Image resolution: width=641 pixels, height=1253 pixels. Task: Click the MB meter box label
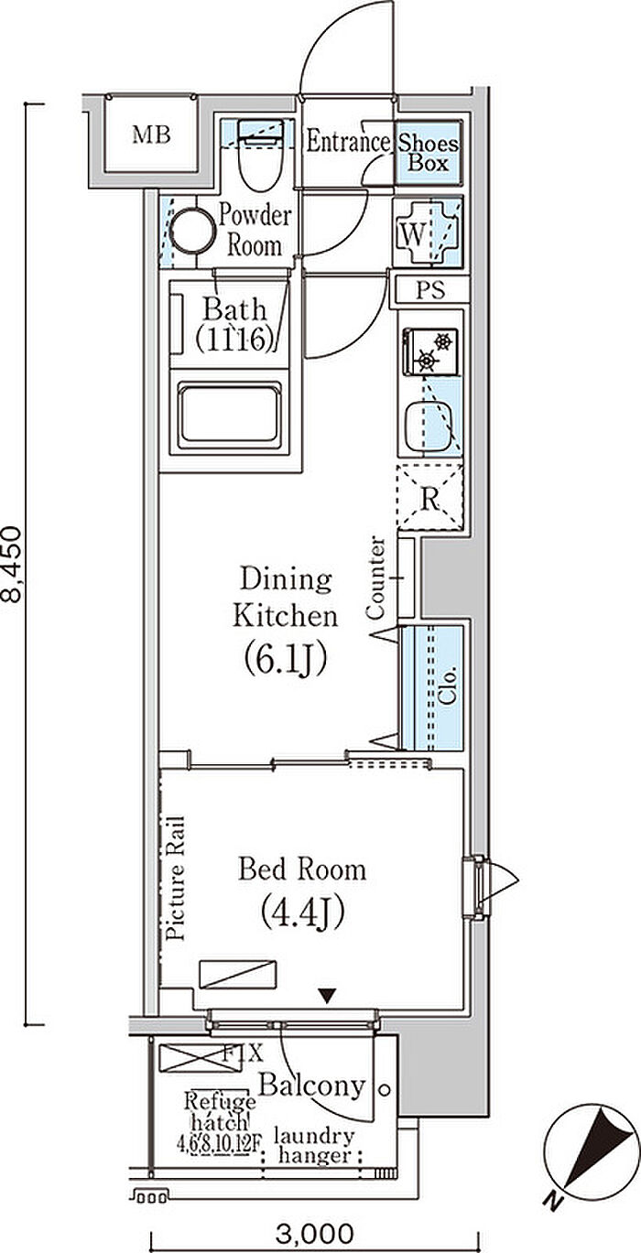[x=151, y=136]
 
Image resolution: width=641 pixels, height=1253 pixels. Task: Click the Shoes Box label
[x=429, y=154]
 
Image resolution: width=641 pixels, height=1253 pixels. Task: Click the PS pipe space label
[x=429, y=291]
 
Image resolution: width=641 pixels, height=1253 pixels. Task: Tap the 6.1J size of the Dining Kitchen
[x=285, y=657]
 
